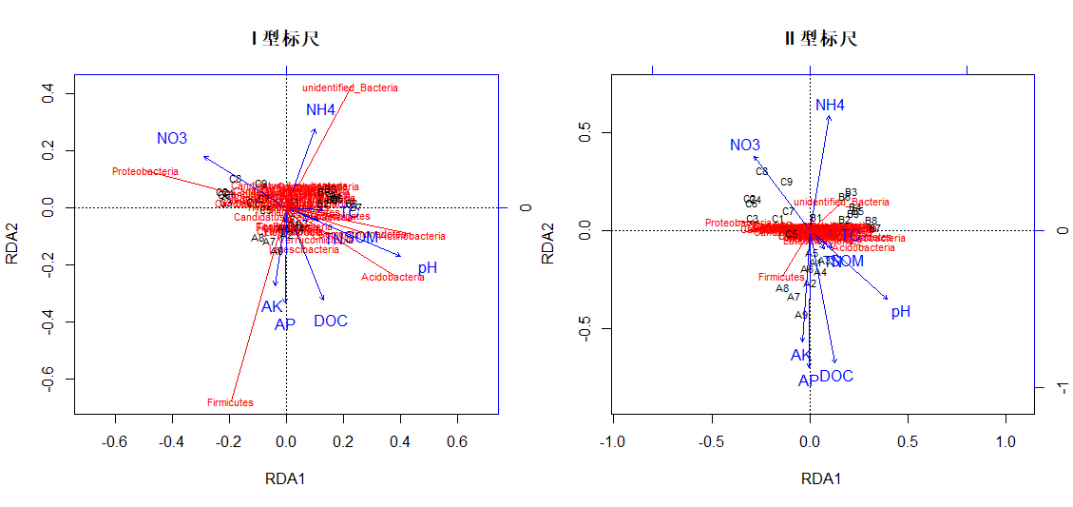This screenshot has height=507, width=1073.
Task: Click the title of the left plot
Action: point(285,39)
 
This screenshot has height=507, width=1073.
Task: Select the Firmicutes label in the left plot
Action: point(230,402)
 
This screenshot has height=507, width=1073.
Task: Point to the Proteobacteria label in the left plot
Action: point(144,172)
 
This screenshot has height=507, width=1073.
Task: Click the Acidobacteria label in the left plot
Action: point(393,278)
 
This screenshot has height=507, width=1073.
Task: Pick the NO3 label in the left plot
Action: point(172,139)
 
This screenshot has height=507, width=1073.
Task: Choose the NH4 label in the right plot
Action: point(830,105)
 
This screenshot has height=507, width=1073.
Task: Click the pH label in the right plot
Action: point(901,312)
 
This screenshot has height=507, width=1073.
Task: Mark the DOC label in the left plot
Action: point(331,322)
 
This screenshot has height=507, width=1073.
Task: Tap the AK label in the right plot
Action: point(801,356)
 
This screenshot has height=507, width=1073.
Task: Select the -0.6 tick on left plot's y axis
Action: point(45,380)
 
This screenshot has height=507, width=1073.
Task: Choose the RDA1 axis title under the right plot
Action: point(821,478)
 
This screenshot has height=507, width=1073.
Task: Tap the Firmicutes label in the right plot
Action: point(781,278)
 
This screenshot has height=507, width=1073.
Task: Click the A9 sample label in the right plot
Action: point(801,315)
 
